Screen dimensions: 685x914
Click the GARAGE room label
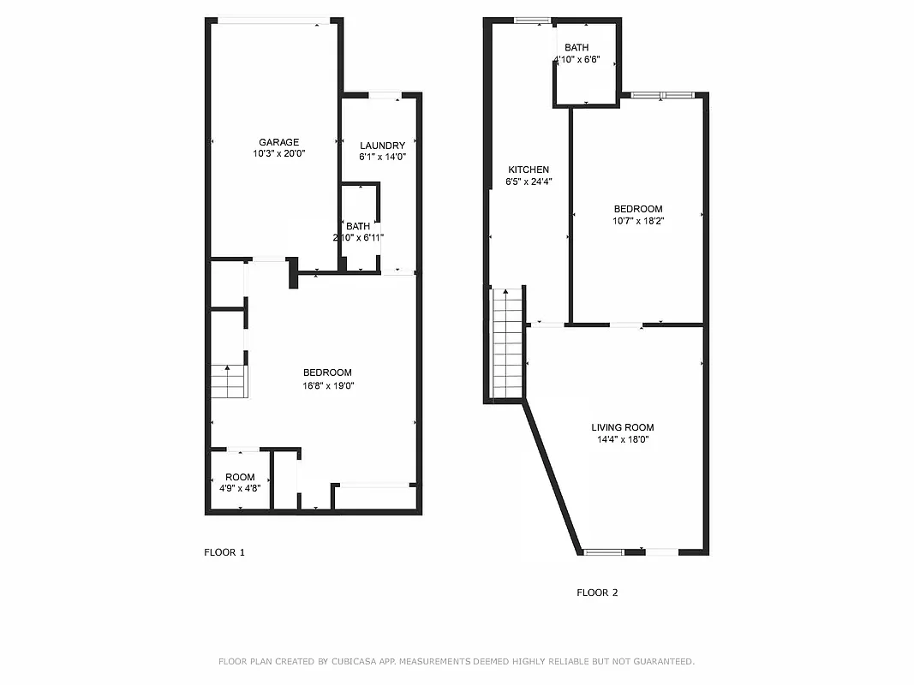(279, 142)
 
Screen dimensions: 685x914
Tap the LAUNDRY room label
(382, 146)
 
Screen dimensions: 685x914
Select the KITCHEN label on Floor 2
(529, 170)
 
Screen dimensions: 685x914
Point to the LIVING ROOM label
(623, 427)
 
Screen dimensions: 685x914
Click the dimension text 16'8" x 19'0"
(327, 385)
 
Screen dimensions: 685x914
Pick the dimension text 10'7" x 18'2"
(638, 221)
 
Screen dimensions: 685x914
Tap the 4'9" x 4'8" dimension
(240, 489)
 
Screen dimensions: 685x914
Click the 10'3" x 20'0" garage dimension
(279, 154)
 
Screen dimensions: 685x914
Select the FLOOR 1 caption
(224, 552)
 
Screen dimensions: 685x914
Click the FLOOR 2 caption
(597, 593)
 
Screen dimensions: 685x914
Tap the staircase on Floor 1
(229, 381)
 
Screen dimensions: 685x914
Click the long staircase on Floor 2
(508, 342)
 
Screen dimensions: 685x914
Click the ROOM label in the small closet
(240, 477)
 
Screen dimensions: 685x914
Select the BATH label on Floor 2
(576, 48)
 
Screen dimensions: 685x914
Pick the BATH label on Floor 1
(358, 226)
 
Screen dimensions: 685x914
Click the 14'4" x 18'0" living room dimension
(623, 439)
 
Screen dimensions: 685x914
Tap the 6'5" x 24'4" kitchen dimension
(529, 182)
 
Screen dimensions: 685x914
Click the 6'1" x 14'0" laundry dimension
(382, 157)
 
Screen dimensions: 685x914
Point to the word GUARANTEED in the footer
(660, 661)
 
